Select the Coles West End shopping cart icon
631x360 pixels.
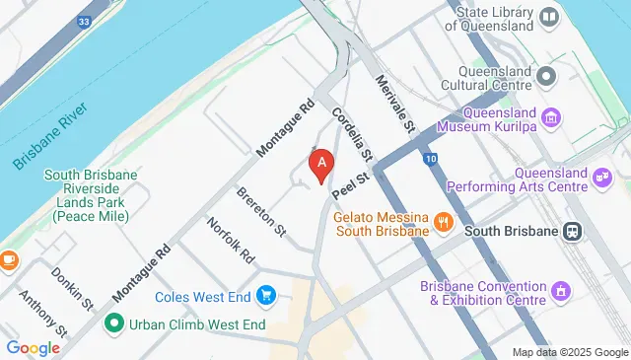click(x=265, y=295)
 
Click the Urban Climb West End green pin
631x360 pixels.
click(x=114, y=324)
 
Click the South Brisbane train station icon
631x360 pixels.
click(x=573, y=231)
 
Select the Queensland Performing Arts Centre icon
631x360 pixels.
click(x=601, y=178)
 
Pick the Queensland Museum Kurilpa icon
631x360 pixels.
click(x=551, y=118)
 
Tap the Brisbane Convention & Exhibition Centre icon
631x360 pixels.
click(x=561, y=292)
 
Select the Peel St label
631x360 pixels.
click(x=349, y=183)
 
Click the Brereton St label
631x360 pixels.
click(x=261, y=213)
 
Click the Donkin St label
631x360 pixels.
click(x=73, y=287)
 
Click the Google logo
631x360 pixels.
click(x=33, y=347)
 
